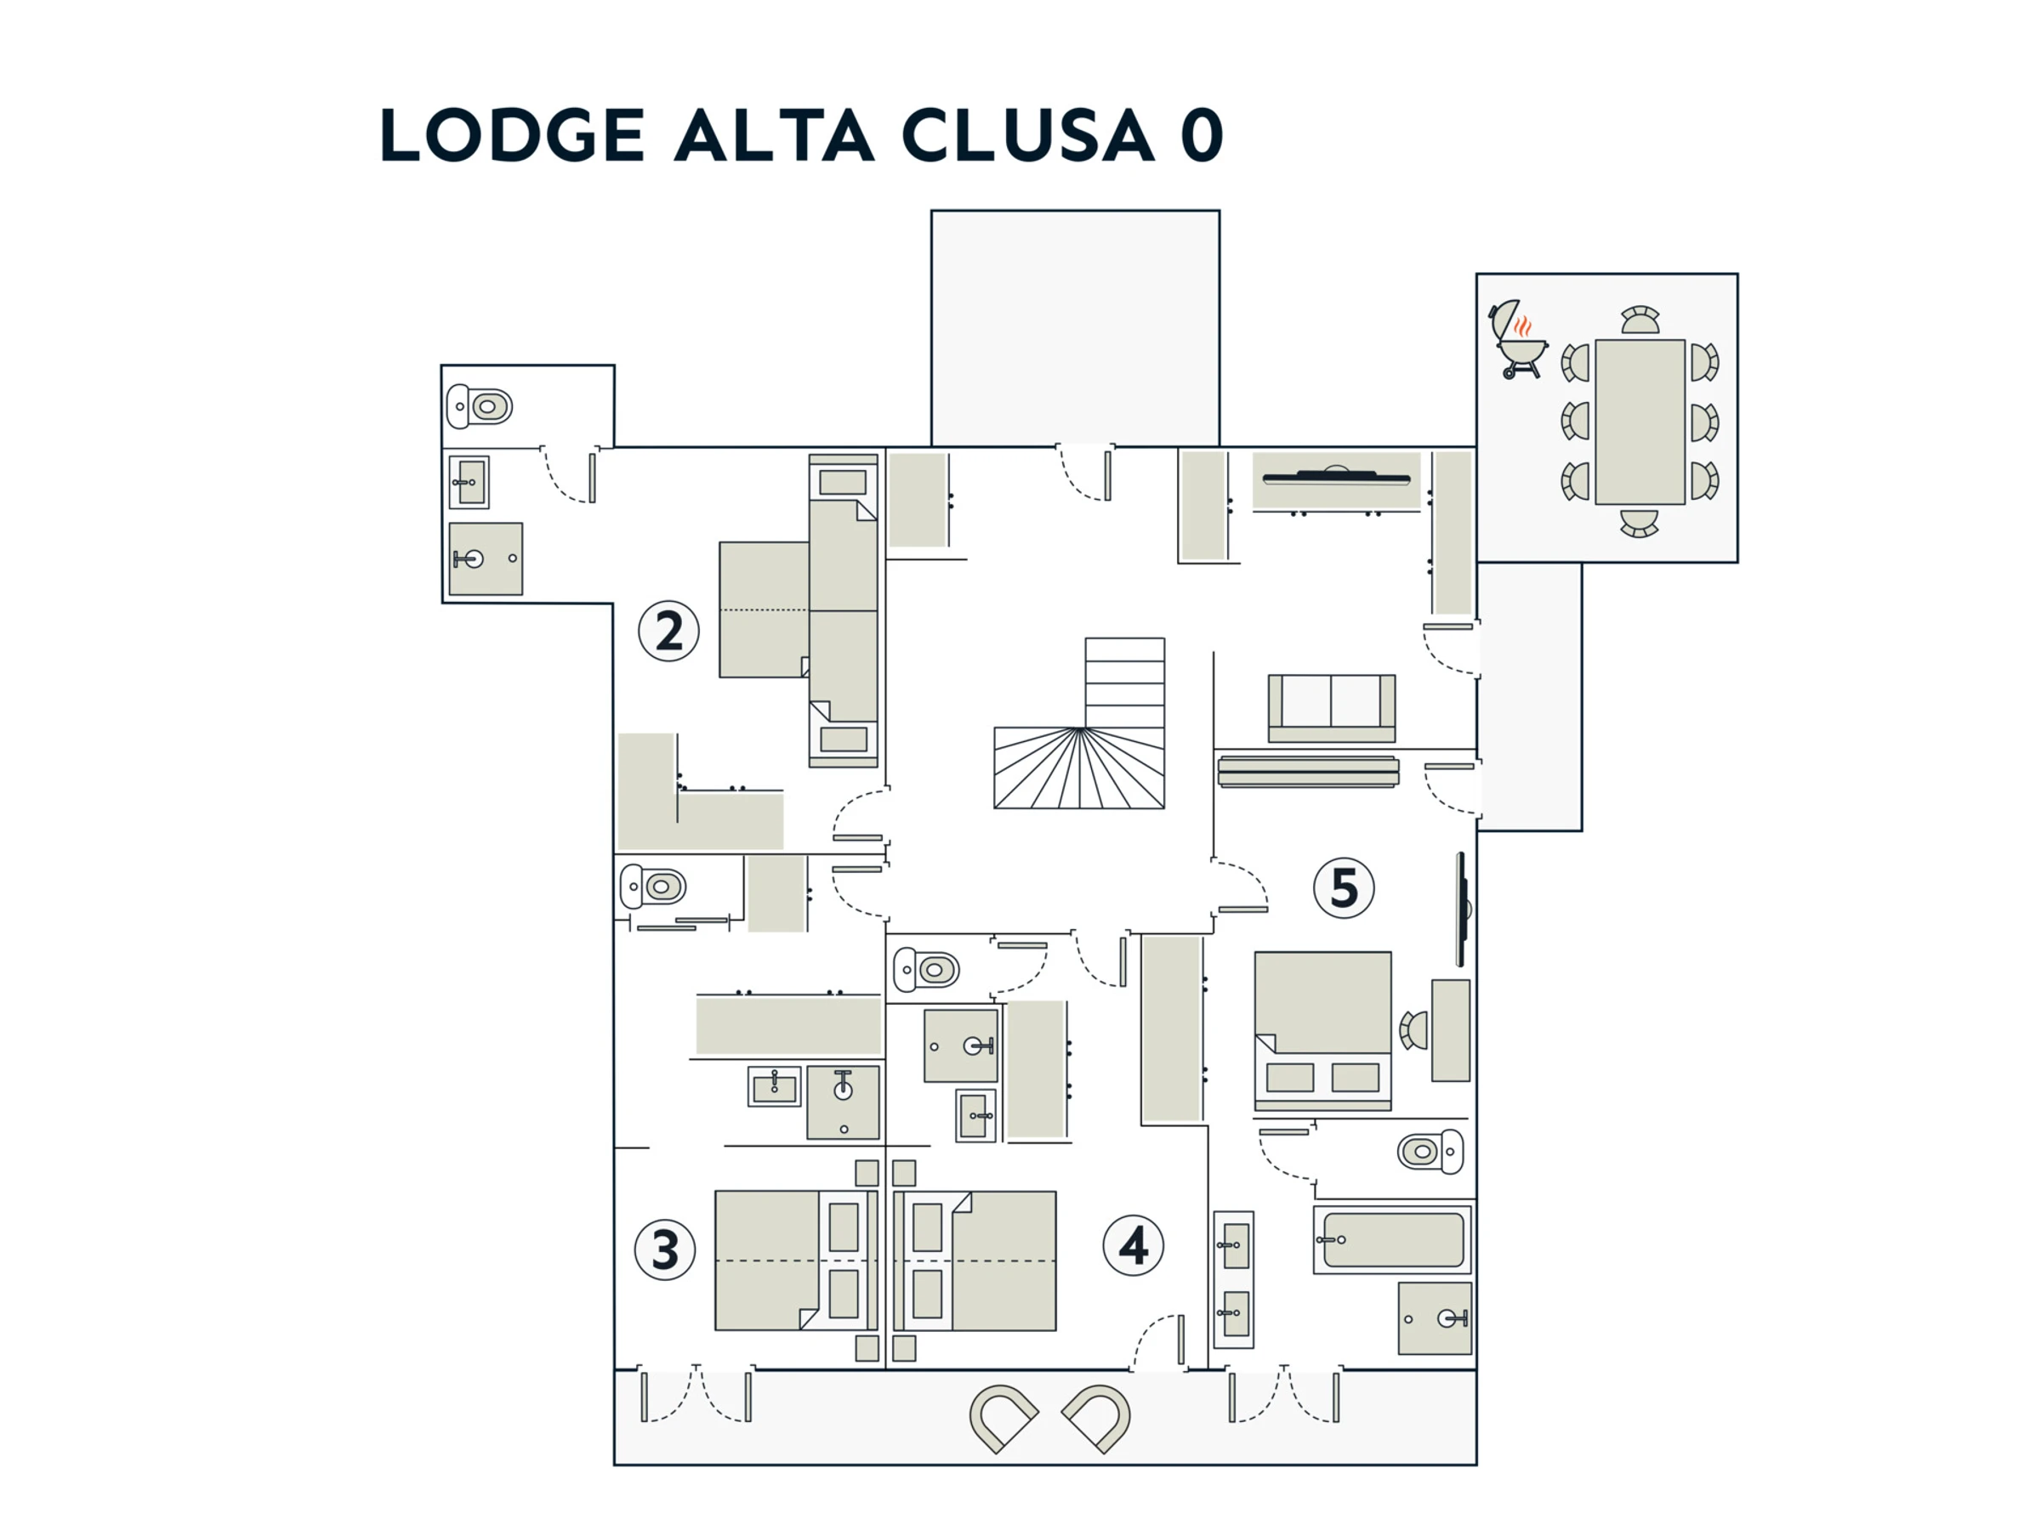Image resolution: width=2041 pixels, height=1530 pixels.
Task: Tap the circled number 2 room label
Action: (669, 631)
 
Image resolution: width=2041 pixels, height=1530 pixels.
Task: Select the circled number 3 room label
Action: (665, 1249)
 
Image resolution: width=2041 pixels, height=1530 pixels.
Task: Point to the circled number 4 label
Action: (1133, 1246)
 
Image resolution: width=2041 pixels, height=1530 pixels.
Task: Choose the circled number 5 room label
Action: (1345, 888)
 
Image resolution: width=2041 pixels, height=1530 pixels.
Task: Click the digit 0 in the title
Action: (1202, 134)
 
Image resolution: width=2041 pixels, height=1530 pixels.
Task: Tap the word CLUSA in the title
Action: (1027, 134)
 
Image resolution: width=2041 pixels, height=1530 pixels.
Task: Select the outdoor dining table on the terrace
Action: (1640, 422)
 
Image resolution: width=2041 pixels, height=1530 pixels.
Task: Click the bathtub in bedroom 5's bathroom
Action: (1392, 1239)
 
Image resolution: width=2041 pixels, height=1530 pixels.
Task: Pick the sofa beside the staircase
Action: (1332, 708)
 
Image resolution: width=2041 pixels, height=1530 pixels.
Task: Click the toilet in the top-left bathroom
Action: (480, 406)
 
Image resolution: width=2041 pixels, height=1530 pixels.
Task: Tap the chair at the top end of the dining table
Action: (1640, 320)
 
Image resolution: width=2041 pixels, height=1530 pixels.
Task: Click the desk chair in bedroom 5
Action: (1413, 1030)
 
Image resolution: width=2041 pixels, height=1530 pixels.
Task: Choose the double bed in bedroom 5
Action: (1322, 1029)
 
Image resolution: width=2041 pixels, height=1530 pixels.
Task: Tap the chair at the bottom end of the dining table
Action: (1640, 524)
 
